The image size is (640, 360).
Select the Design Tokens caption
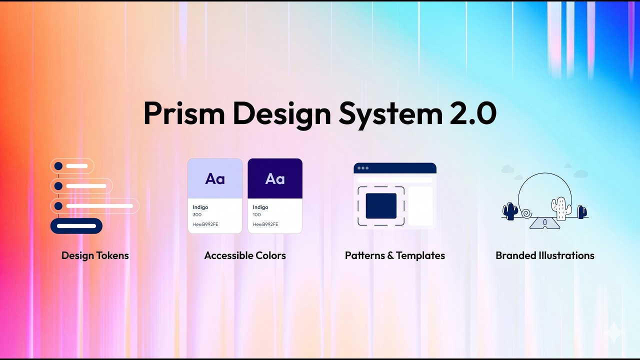[x=95, y=255]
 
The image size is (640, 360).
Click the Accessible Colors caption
[x=245, y=255]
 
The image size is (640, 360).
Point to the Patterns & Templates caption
[x=395, y=255]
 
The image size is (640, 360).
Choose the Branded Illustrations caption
[x=545, y=255]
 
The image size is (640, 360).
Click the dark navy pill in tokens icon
[x=76, y=226]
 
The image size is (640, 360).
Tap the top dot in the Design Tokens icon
[x=58, y=166]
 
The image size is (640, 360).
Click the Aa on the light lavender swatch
[x=215, y=179]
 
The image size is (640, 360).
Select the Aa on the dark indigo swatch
[x=275, y=179]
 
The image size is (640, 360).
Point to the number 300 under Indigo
[x=197, y=215]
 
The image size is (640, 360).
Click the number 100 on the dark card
[x=257, y=215]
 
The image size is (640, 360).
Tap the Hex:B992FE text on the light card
[x=205, y=224]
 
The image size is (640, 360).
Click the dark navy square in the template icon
[x=381, y=206]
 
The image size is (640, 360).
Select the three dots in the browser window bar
[x=363, y=168]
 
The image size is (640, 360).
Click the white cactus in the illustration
[x=561, y=207]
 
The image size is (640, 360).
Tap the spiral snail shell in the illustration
[x=526, y=213]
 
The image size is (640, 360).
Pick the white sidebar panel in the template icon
[x=420, y=206]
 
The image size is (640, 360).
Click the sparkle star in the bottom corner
[x=613, y=332]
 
